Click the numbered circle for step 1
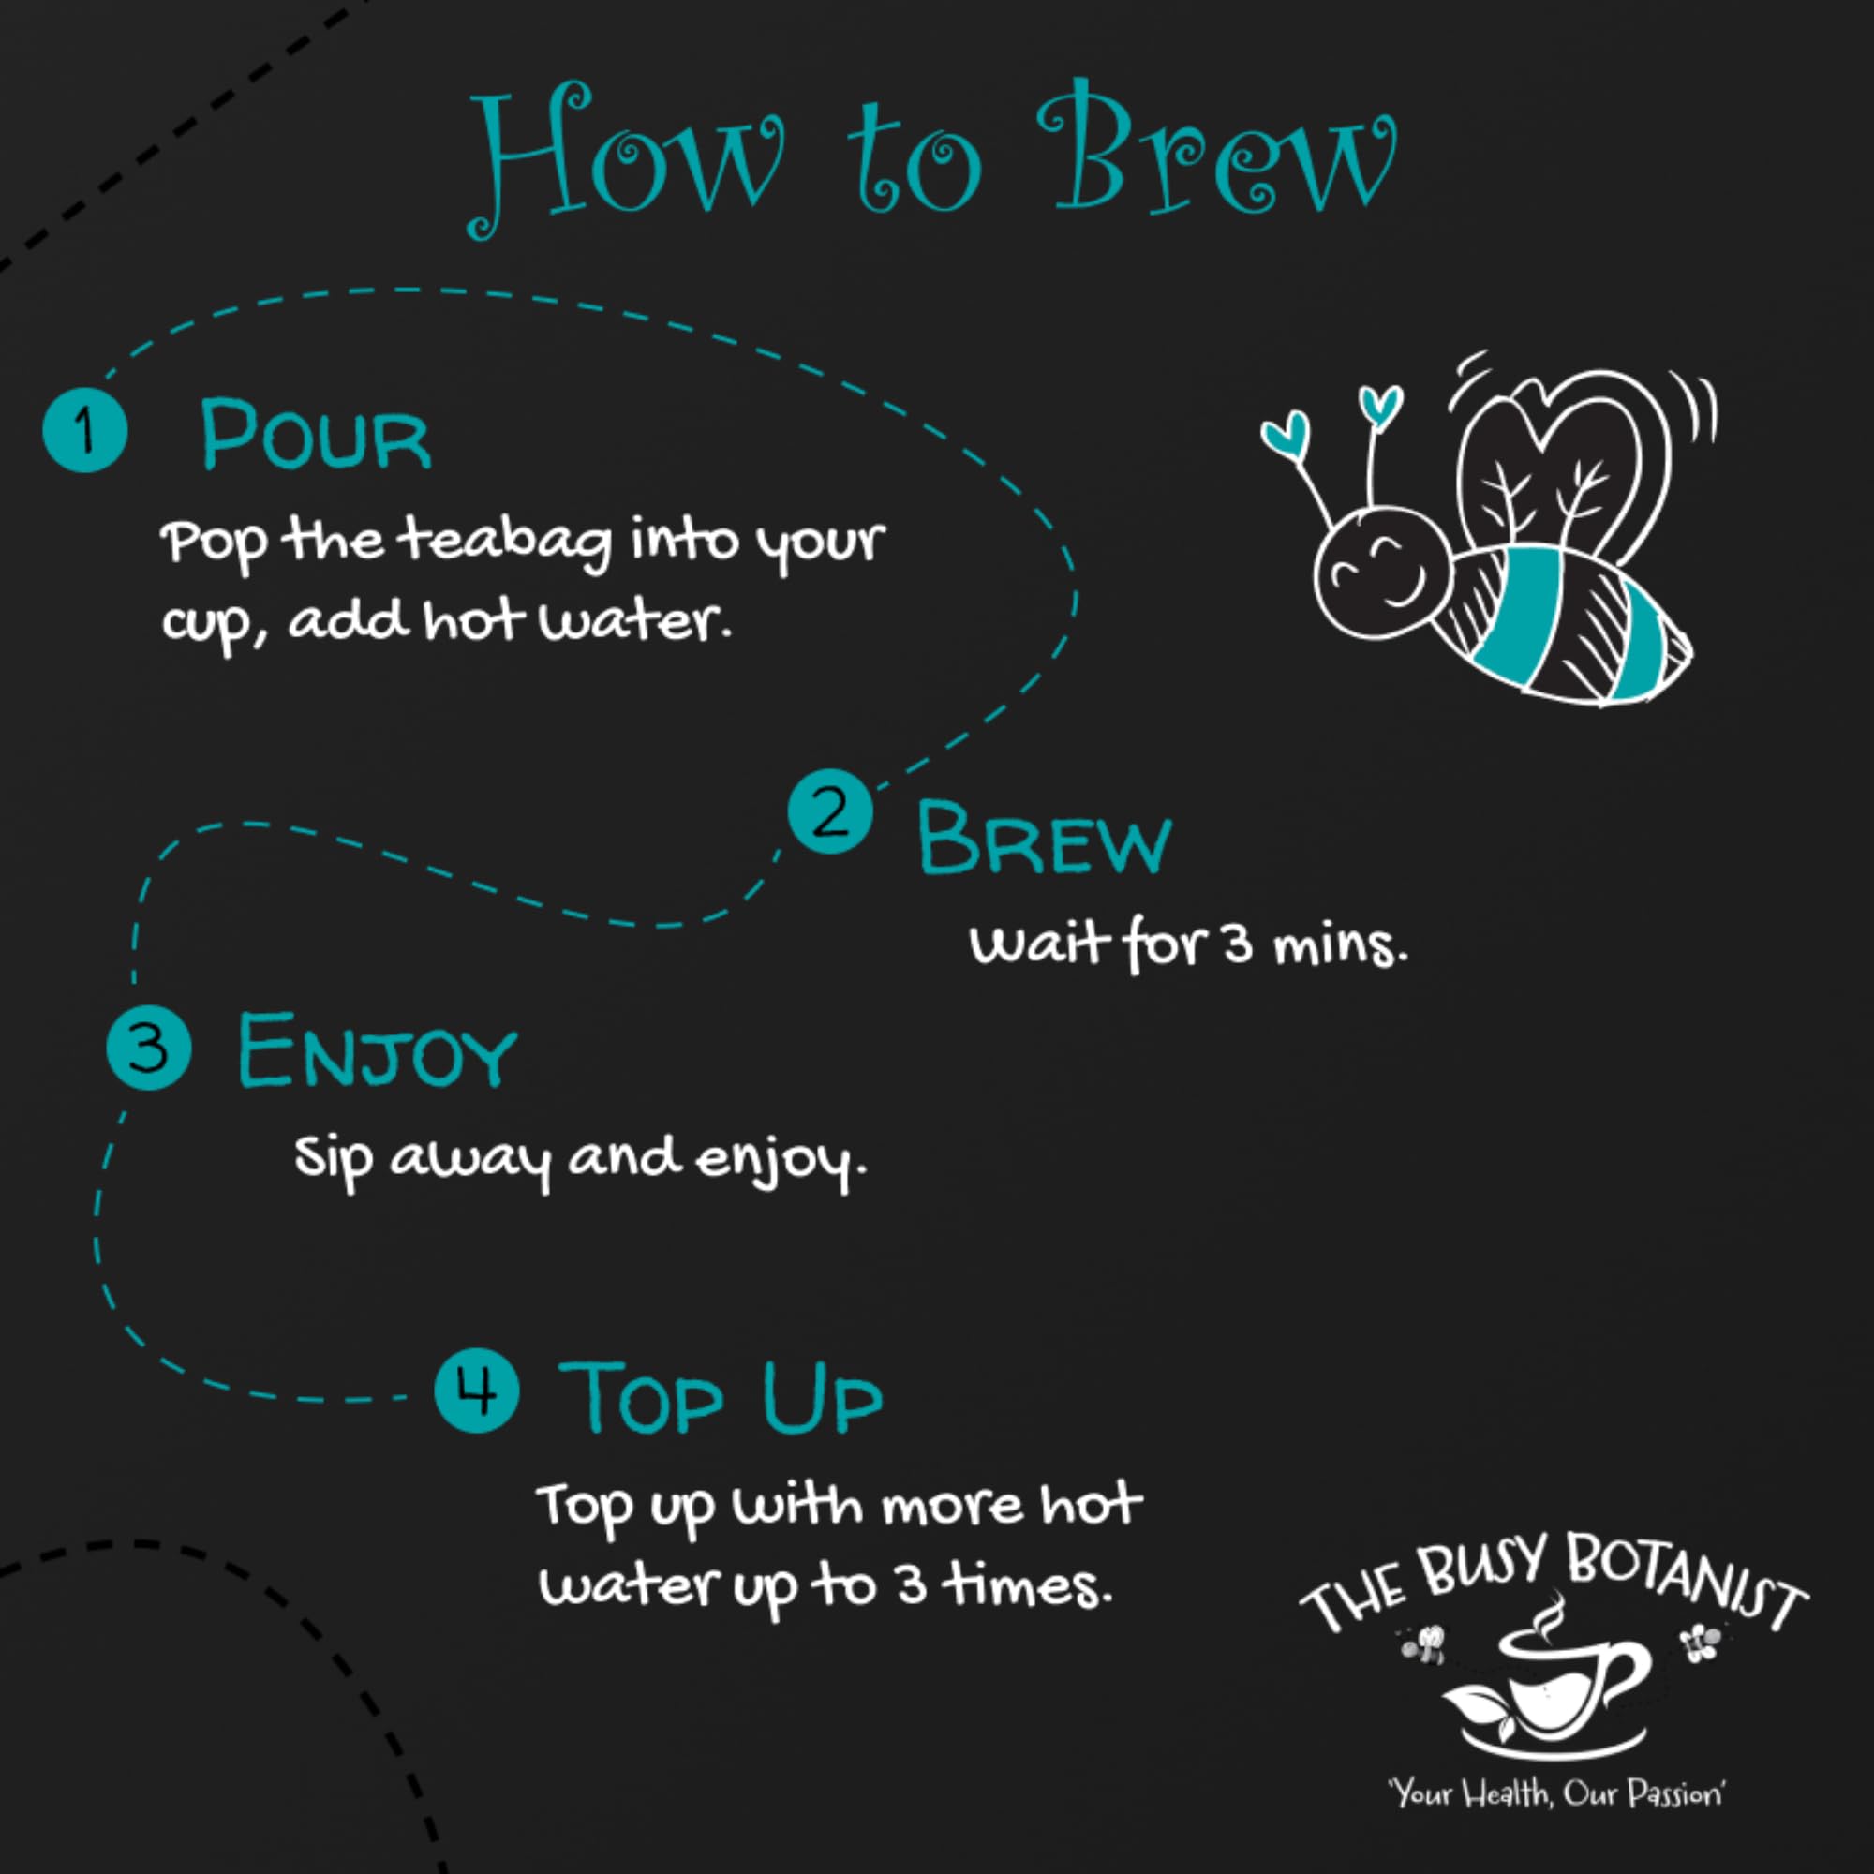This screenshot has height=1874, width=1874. (x=85, y=429)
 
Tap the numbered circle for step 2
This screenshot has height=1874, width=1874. (x=829, y=811)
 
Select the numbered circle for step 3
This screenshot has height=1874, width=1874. (x=148, y=1048)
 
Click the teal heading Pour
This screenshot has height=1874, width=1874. (x=315, y=435)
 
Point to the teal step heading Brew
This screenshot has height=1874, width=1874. (x=1045, y=838)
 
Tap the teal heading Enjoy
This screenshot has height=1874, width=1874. (x=377, y=1050)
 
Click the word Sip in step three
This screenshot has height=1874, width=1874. (x=333, y=1156)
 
